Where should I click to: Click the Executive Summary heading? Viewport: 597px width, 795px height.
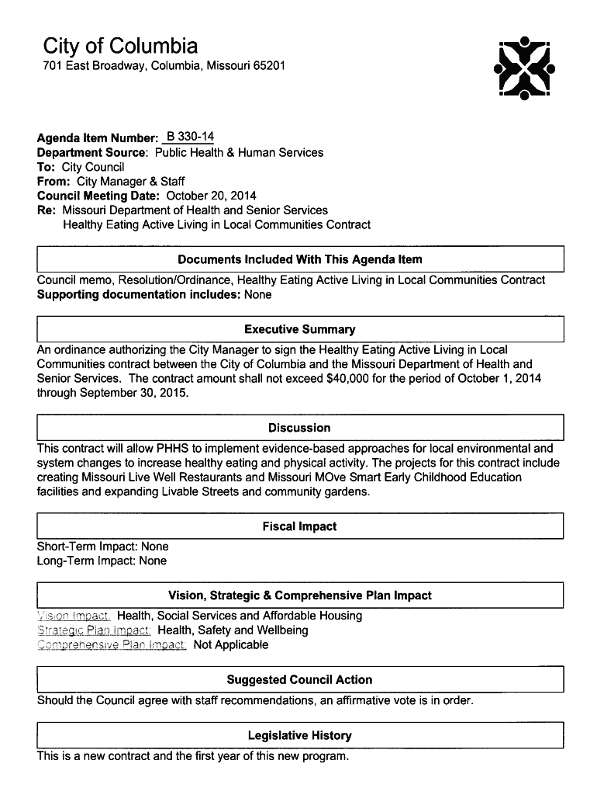[299, 329]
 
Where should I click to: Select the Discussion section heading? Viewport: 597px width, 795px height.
[299, 428]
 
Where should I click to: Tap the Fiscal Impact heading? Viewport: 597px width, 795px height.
[299, 526]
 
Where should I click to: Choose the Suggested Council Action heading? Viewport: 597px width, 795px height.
[299, 679]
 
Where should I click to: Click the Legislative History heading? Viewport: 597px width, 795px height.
[299, 735]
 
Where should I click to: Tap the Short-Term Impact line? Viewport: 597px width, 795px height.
[102, 547]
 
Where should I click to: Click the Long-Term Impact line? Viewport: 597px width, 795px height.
[102, 561]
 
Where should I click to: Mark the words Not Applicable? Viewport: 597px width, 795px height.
[231, 644]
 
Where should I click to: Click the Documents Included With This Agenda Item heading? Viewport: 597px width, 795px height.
[299, 259]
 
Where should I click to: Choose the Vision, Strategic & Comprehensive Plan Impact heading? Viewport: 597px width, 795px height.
[299, 595]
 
